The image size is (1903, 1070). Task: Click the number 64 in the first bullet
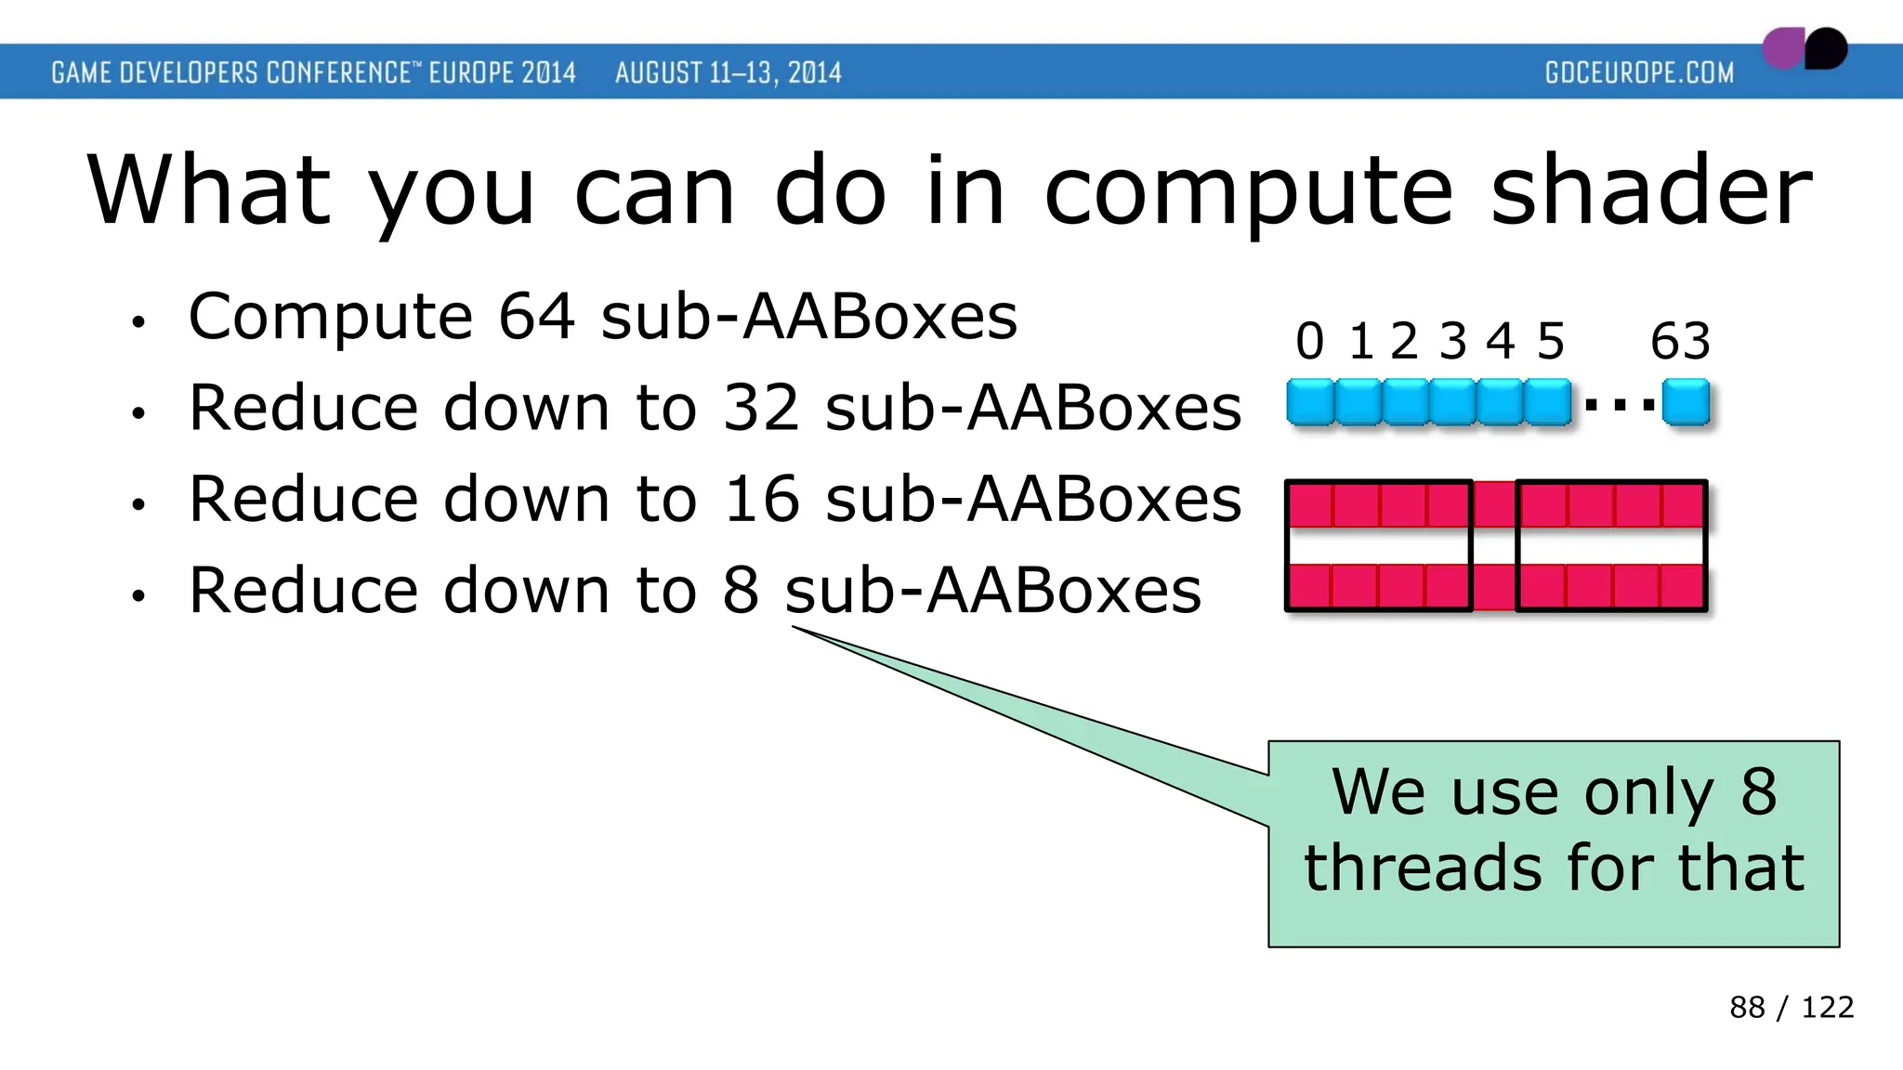tap(536, 318)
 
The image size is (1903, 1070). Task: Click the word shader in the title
tap(1650, 191)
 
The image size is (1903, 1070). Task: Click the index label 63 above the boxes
tap(1680, 342)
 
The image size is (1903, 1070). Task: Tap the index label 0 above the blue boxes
tap(1309, 342)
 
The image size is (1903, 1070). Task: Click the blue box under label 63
tap(1686, 403)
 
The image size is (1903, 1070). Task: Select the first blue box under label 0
tap(1310, 403)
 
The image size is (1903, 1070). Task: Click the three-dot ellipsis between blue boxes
tap(1619, 405)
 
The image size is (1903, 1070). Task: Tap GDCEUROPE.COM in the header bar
tap(1639, 72)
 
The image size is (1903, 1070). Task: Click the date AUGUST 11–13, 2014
tap(728, 72)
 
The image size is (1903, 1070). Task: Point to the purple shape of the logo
tap(1782, 49)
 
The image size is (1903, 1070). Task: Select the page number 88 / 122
tap(1791, 1007)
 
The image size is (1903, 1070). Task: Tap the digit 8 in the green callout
tap(1758, 792)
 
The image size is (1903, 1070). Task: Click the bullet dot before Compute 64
tap(138, 323)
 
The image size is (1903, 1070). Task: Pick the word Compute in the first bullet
tap(331, 318)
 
